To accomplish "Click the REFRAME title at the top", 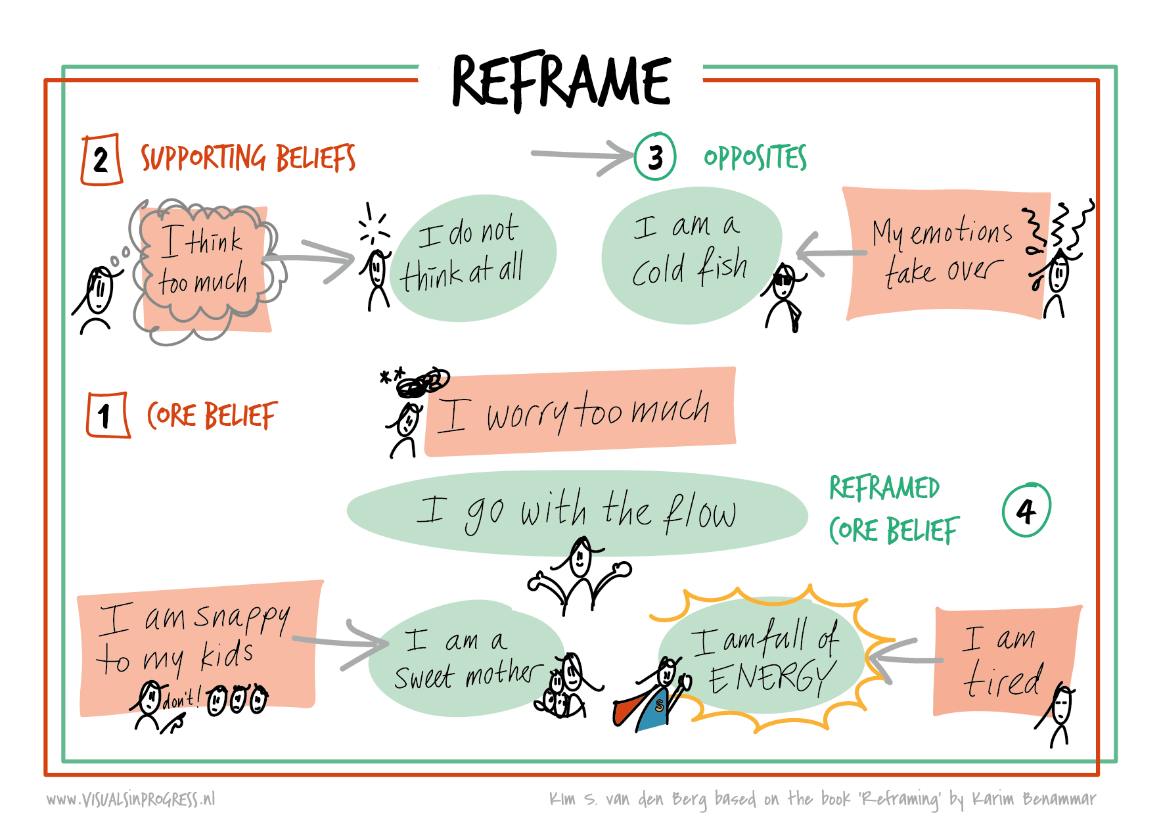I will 561,81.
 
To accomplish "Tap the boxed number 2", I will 101,159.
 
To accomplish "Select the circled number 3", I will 655,157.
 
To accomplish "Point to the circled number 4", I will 1026,510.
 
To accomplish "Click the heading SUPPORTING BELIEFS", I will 248,158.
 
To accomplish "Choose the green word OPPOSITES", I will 755,158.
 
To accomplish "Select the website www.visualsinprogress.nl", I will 131,799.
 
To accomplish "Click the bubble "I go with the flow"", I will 576,513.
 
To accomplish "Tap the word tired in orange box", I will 1003,680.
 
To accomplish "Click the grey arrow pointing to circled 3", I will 581,156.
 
